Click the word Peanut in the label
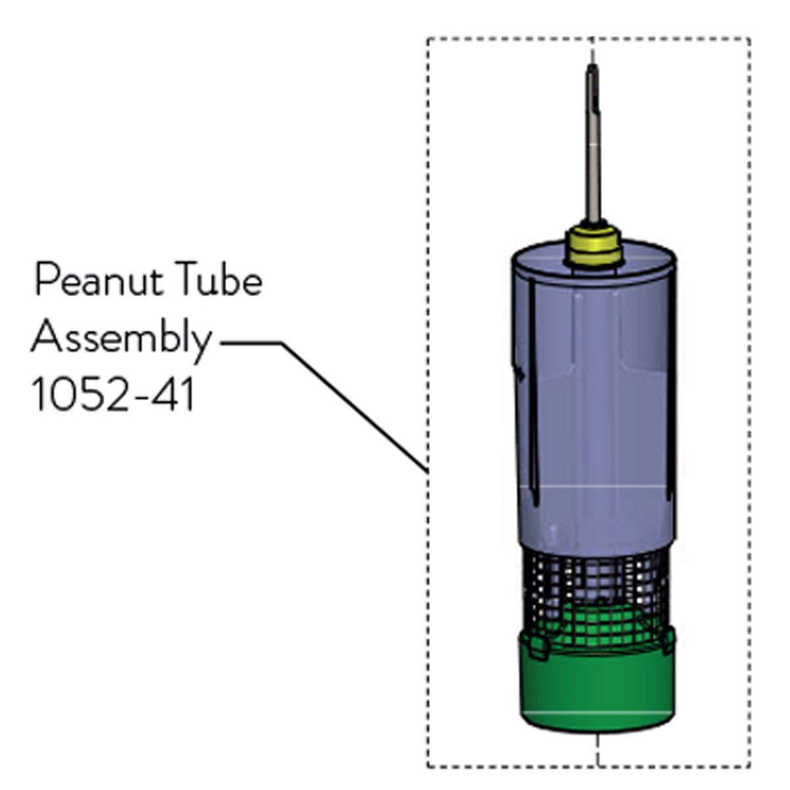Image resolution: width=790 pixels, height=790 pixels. [99, 282]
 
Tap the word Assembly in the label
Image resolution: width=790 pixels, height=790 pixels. [122, 339]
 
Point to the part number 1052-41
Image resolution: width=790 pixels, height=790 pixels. [113, 396]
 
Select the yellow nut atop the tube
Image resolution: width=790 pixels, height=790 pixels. [593, 244]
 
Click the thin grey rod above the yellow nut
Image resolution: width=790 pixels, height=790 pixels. [594, 165]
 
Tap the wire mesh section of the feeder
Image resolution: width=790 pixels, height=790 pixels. [596, 579]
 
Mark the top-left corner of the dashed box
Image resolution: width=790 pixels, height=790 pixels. [428, 39]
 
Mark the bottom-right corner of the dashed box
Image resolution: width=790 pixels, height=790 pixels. [750, 766]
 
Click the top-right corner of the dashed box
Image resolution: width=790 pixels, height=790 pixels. [750, 39]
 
